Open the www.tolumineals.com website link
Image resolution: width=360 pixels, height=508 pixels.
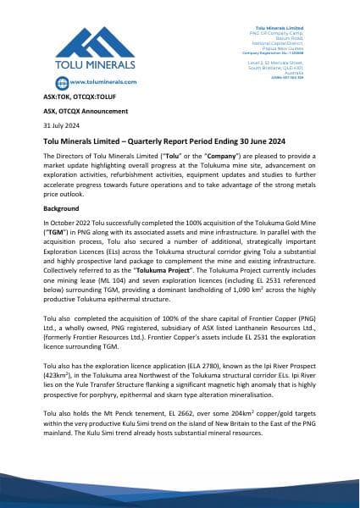(99, 82)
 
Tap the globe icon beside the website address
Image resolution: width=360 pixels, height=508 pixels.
(54, 82)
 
